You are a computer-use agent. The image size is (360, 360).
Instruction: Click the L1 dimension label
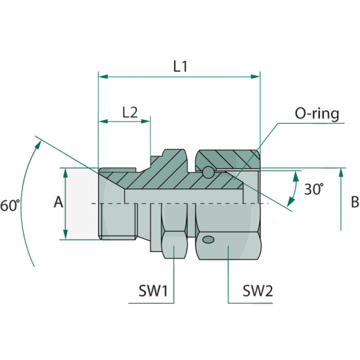pos(181,67)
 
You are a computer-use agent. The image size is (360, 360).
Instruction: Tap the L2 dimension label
pos(130,113)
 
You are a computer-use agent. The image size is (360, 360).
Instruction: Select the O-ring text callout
pos(317,114)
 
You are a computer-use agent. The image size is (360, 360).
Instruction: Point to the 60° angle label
pos(10,206)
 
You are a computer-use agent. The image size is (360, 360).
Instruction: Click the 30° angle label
pos(314,189)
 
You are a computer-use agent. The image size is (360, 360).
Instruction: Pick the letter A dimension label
pos(58,202)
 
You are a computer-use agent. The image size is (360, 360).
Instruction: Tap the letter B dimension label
pos(355,202)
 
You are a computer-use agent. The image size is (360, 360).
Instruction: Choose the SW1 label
pos(153,291)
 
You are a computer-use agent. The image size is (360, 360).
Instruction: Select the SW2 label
pos(258,291)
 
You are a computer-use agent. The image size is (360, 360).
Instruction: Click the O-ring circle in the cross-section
pos(208,172)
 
